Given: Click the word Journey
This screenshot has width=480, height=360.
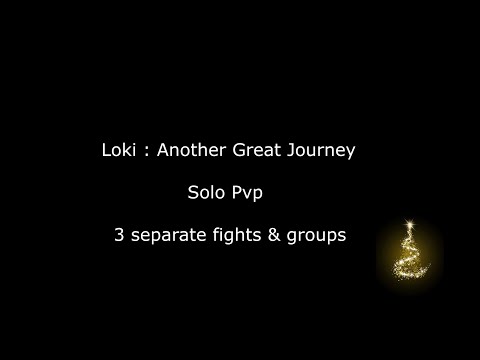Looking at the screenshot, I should coord(318,151).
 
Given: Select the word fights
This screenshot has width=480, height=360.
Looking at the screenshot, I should coord(241,238).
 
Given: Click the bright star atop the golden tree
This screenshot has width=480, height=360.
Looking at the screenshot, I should coord(410,216).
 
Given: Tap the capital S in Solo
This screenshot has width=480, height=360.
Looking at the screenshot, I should coord(192,194).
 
